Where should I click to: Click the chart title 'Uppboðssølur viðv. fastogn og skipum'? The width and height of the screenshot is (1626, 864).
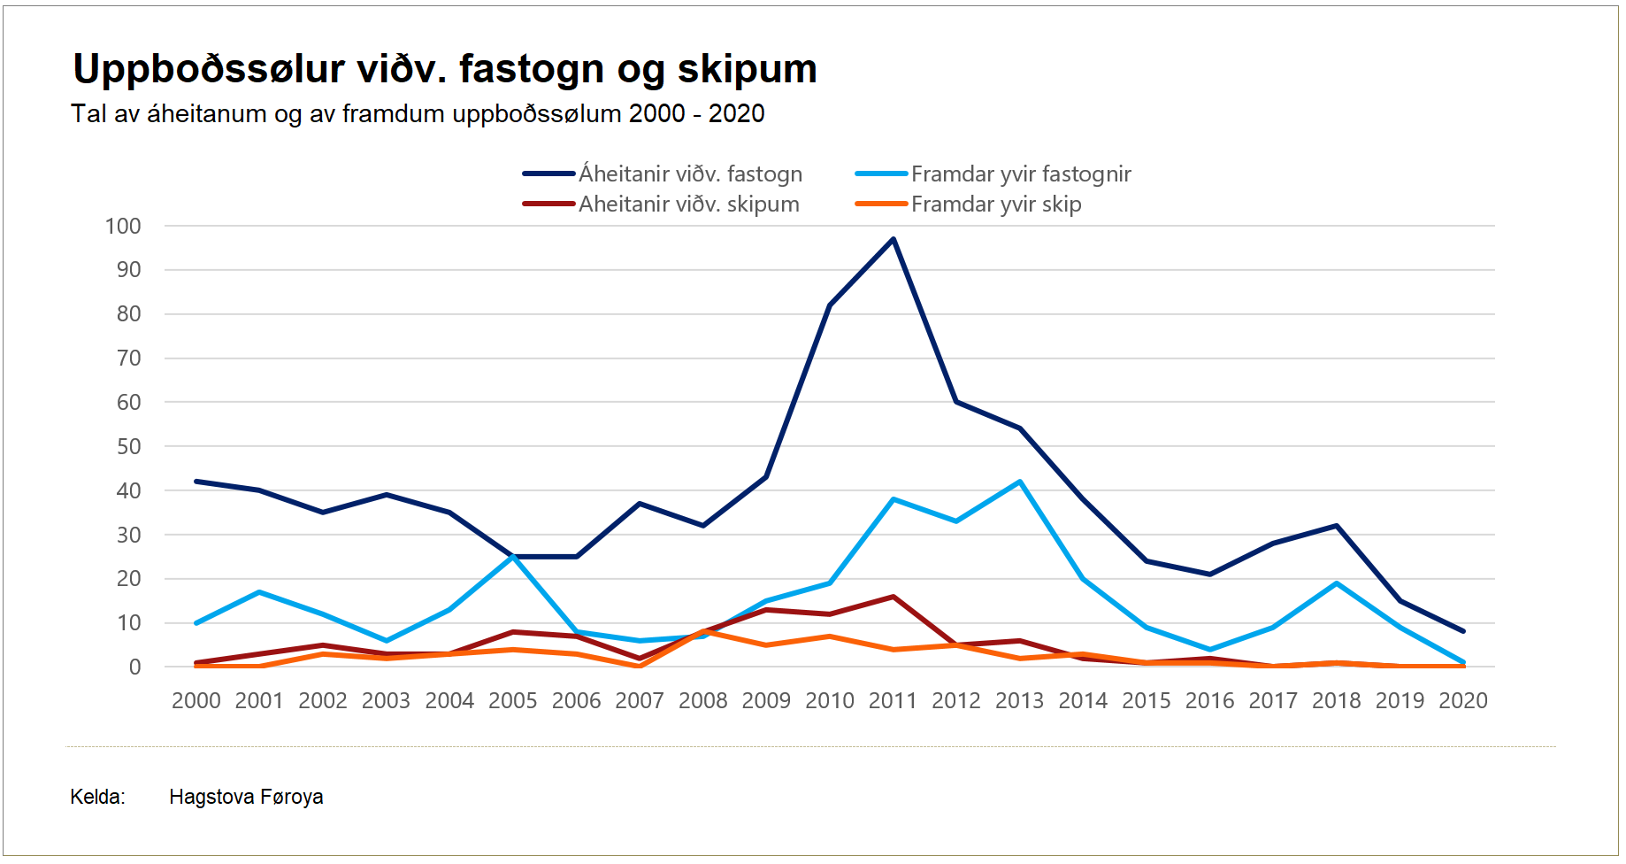pyautogui.click(x=445, y=69)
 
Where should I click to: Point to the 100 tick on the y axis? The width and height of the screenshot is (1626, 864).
pyautogui.click(x=123, y=227)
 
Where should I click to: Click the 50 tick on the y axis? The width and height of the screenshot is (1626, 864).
pyautogui.click(x=129, y=447)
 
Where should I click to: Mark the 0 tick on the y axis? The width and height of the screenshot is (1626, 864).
pyautogui.click(x=134, y=667)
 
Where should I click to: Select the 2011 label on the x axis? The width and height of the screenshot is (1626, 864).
pyautogui.click(x=893, y=701)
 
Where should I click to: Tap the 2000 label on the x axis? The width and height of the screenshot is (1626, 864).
pyautogui.click(x=196, y=701)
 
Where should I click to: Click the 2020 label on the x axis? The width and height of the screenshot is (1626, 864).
pyautogui.click(x=1463, y=701)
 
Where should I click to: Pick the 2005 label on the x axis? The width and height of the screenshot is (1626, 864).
pyautogui.click(x=513, y=701)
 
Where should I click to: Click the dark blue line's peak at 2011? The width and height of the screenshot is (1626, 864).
pyautogui.click(x=894, y=239)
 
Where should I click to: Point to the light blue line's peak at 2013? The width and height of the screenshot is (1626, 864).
pyautogui.click(x=1020, y=482)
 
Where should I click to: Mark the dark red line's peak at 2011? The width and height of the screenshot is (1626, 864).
pyautogui.click(x=894, y=597)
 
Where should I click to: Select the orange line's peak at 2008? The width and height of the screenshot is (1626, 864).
pyautogui.click(x=703, y=631)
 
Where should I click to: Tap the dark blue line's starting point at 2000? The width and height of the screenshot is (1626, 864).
pyautogui.click(x=196, y=482)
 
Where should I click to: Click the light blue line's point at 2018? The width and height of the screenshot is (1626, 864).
pyautogui.click(x=1337, y=583)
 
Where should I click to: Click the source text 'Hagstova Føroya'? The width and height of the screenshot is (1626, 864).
pyautogui.click(x=246, y=798)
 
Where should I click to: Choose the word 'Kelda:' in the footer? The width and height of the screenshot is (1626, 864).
pyautogui.click(x=97, y=798)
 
